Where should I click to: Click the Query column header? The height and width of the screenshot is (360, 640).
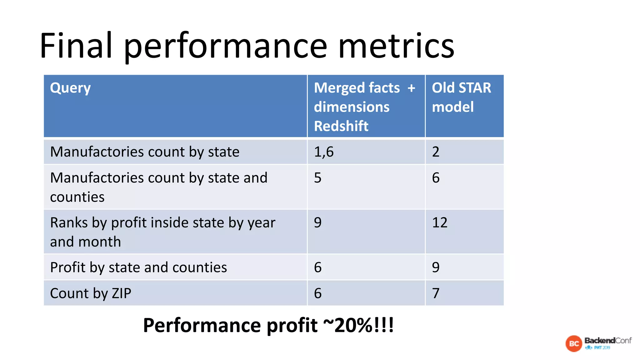pos(70,88)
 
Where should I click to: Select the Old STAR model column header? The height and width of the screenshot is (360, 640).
pos(461,97)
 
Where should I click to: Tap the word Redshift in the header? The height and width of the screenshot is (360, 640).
pos(341,126)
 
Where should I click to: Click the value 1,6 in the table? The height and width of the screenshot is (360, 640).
pos(324,152)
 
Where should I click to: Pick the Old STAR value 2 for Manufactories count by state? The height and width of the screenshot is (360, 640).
pos(436,152)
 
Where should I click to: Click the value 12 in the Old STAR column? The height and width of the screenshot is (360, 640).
pos(440,222)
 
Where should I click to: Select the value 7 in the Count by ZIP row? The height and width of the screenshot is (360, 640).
pos(436,293)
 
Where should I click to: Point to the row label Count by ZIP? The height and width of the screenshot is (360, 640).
pos(91,293)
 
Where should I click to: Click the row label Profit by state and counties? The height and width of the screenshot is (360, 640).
pos(138,267)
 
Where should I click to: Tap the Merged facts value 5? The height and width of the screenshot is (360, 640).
pos(317,178)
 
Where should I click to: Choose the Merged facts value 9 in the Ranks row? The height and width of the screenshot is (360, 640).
pos(317,222)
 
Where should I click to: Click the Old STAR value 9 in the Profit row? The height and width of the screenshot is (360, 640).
pos(436,267)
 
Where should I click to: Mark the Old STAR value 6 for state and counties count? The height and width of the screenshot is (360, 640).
pos(436,178)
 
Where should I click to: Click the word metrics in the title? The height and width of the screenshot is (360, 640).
pos(396,46)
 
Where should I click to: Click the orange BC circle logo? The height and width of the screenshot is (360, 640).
pos(574,344)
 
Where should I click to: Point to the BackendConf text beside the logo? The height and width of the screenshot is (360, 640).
pos(608,341)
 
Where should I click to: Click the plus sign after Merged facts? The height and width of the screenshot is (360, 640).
pos(411,88)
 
